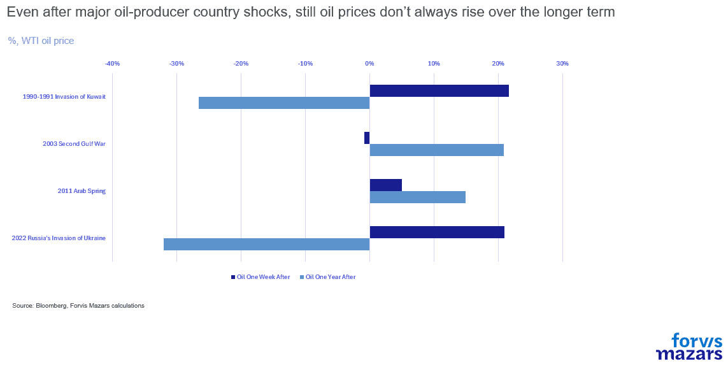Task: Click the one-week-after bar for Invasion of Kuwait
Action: (439, 90)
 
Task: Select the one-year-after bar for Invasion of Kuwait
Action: (284, 103)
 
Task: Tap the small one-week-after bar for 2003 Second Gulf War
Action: (367, 138)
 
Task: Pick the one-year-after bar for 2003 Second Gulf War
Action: (436, 150)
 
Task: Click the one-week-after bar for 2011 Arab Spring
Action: (385, 185)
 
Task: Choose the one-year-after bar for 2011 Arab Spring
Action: (417, 197)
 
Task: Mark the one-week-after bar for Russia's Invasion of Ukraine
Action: (437, 232)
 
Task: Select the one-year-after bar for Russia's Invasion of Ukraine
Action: (266, 244)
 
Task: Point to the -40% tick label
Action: (112, 64)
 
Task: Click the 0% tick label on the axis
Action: (369, 64)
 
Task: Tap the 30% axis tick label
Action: (562, 64)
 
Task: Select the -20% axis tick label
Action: (241, 64)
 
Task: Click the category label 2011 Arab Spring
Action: (82, 191)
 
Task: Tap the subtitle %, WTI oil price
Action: (41, 41)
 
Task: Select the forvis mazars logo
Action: (689, 347)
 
